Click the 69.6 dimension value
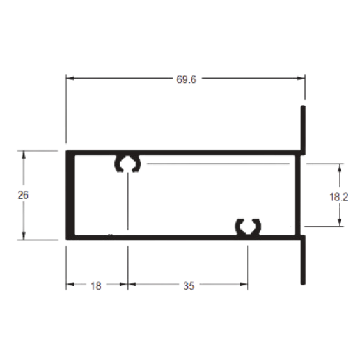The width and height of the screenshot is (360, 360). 186,79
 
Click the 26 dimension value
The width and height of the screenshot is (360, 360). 23,195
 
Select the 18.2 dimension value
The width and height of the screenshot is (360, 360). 339,197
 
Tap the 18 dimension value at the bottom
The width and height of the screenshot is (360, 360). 96,286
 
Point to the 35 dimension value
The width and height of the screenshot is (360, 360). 189,286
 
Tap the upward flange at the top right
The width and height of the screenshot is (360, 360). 303,130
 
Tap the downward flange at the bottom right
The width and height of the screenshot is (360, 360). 303,260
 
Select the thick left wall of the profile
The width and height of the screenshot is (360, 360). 70,195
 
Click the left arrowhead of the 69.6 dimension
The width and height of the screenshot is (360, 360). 70,78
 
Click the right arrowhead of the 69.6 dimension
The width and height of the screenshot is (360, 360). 301,78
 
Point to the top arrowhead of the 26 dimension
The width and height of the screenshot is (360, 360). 24,155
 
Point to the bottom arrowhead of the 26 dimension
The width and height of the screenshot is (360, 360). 24,236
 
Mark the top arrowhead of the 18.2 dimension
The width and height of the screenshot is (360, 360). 340,168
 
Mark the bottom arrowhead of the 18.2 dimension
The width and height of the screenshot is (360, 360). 340,223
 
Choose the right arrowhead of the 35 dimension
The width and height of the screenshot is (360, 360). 244,285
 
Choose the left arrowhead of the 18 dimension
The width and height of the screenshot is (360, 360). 70,285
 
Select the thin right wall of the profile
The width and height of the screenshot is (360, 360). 298,195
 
